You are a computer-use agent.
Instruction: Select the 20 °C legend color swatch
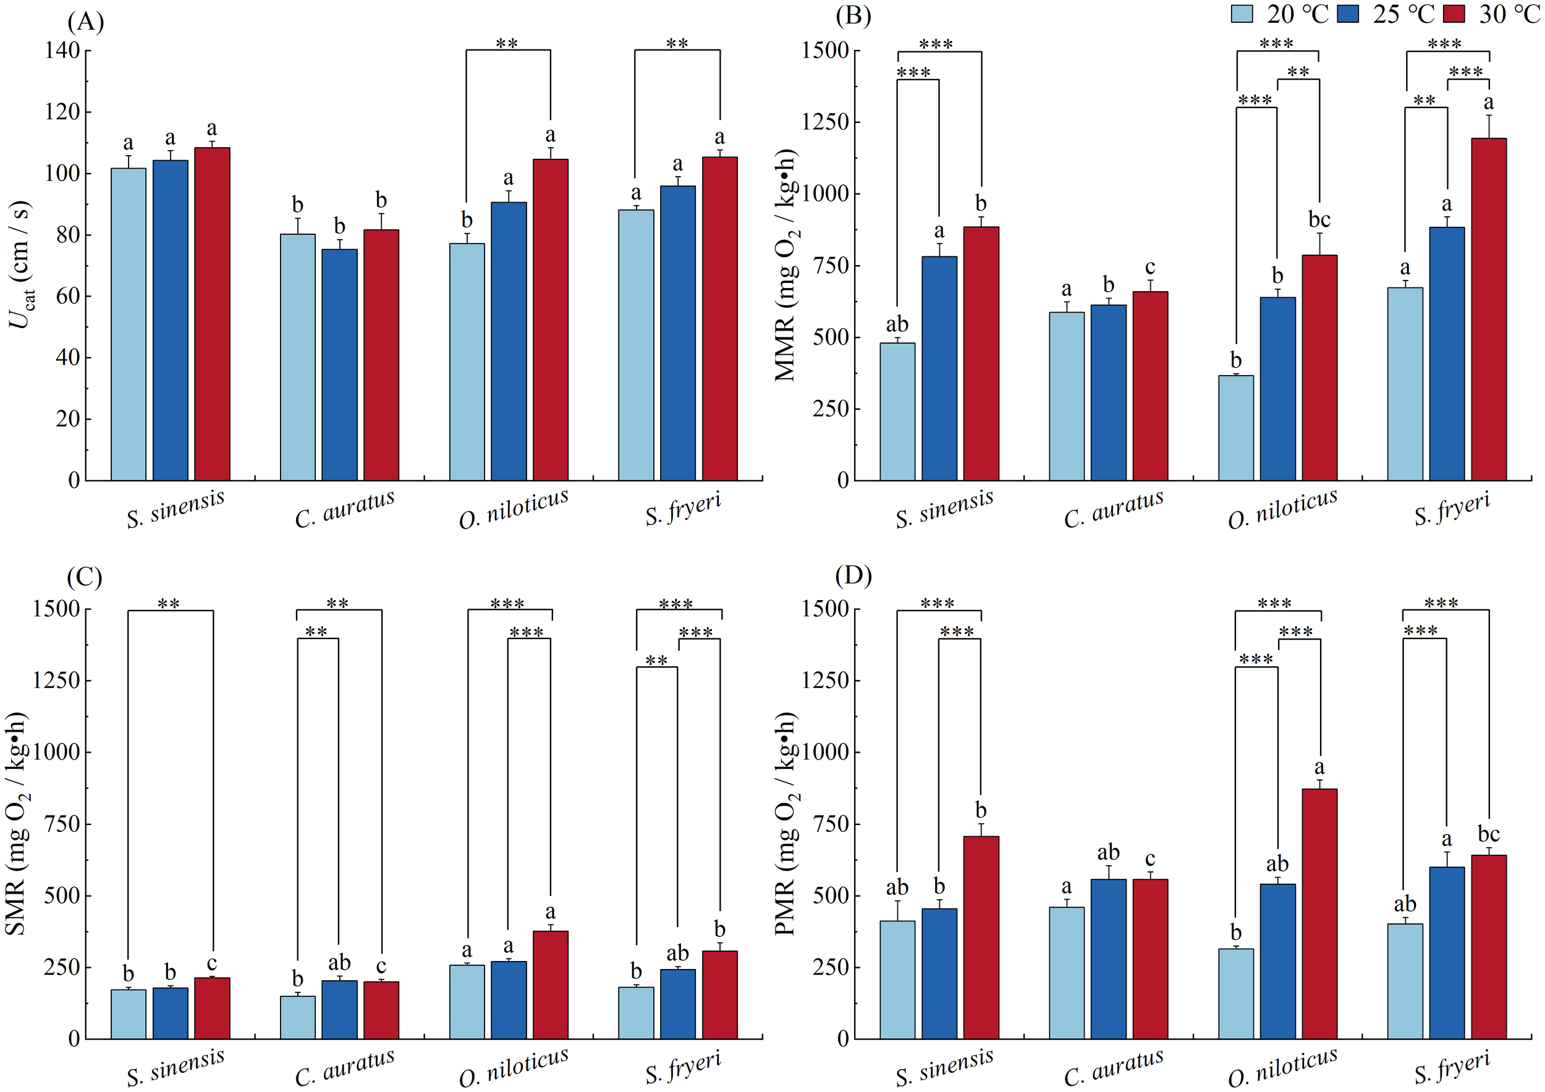click(1242, 14)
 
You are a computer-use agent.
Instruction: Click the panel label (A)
click(85, 22)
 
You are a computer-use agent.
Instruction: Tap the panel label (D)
click(853, 576)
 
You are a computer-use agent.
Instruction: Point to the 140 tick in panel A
click(62, 51)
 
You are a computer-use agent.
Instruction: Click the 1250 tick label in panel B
click(825, 122)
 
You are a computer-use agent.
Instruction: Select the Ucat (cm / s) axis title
click(22, 264)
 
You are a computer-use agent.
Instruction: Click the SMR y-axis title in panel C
click(16, 824)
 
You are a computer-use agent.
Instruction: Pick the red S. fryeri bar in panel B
click(1489, 310)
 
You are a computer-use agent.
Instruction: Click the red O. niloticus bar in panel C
click(551, 985)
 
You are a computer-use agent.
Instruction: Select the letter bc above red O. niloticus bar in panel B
click(1319, 220)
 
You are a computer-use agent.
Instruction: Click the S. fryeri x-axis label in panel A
click(683, 509)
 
